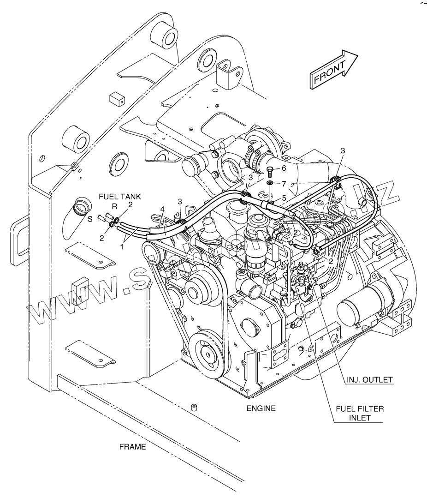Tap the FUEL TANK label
pos(119,197)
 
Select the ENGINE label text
pos(261,408)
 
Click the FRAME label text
pos(132,446)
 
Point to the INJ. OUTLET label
pos(369,380)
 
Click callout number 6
pos(284,168)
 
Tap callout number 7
pos(284,184)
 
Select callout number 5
pos(284,198)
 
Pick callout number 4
pos(162,210)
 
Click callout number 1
pos(122,247)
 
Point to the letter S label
pos(90,218)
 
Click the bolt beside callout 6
pos(270,171)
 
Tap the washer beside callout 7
pos(270,184)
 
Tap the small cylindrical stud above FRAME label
pos(194,408)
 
